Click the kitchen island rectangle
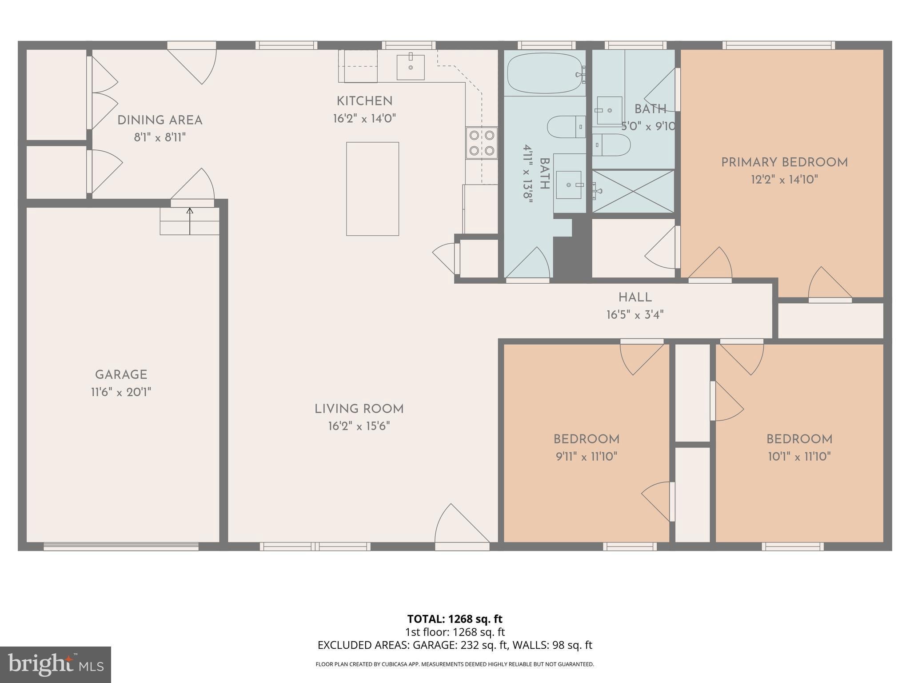372,189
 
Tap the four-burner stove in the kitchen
482,143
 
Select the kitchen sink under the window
411,67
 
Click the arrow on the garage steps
190,221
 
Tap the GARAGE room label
121,375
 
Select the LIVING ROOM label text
359,409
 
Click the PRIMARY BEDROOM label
784,163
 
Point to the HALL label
635,297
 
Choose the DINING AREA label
160,121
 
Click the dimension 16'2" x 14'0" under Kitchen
364,119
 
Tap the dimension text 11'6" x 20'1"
121,392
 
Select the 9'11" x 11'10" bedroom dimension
587,456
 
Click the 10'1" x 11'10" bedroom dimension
799,456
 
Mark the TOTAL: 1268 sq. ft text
455,619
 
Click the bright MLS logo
56,664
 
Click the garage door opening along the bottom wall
121,546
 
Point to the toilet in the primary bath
611,145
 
